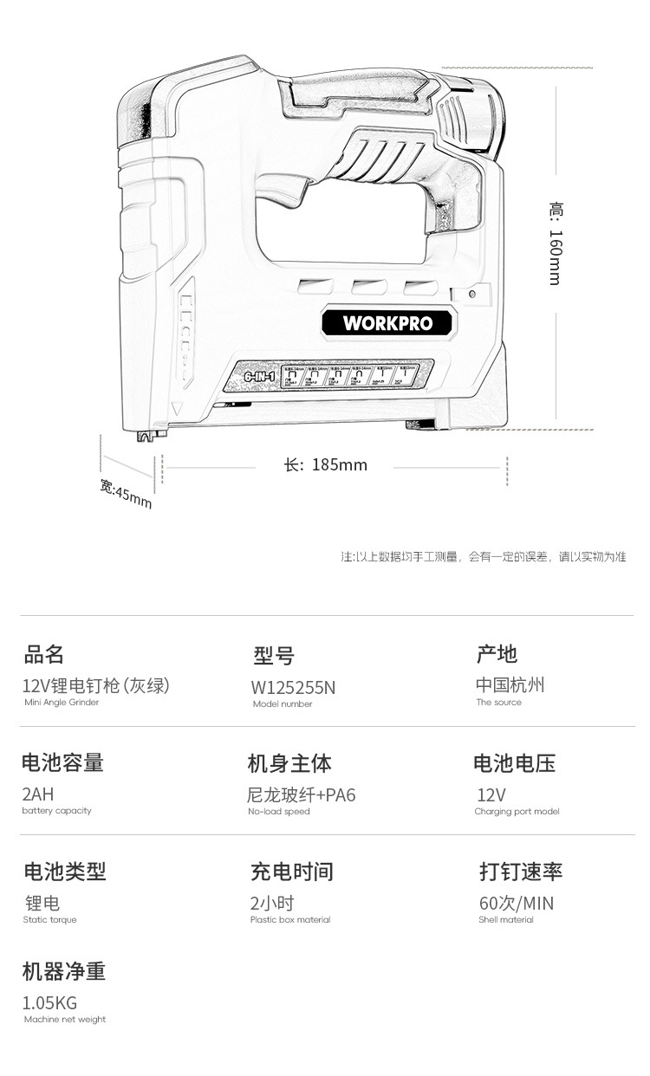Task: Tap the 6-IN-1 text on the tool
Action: coord(259,378)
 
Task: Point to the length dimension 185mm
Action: coord(326,465)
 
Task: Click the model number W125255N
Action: coord(293,688)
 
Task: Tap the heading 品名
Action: coord(44,654)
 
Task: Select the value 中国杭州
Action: coord(510,684)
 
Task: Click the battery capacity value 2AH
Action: coord(38,794)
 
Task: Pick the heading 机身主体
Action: coord(289,763)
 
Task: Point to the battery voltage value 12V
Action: coord(491,794)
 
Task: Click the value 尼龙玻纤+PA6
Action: coord(302,794)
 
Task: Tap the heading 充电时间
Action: coord(292,872)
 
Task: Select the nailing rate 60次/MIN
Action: coord(517,904)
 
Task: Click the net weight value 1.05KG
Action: coord(49,1003)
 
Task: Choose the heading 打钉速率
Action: coord(521,872)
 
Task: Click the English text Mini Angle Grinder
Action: coord(62,703)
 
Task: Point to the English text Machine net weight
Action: coord(64,1020)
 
